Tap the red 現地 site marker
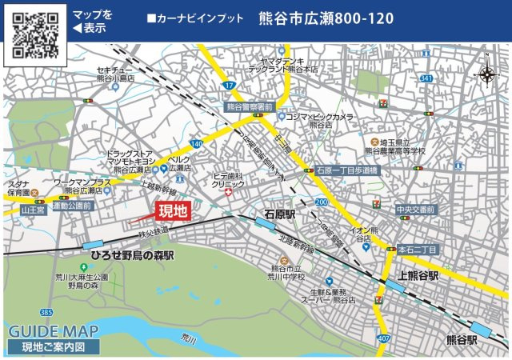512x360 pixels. [x=173, y=211]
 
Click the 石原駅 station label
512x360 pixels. [x=280, y=214]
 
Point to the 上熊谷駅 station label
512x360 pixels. [x=412, y=275]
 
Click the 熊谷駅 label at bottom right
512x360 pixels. [x=462, y=339]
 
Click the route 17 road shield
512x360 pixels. [x=230, y=85]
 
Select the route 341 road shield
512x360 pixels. [x=426, y=78]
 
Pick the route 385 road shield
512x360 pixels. [x=47, y=311]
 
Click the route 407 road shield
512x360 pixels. [x=385, y=338]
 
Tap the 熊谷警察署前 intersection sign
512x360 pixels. [x=250, y=106]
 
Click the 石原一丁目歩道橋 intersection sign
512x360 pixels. [x=346, y=170]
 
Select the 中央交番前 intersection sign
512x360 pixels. [x=416, y=210]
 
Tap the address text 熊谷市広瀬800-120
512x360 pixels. [x=326, y=18]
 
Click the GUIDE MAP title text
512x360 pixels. [x=54, y=331]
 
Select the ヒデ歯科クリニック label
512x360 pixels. [x=228, y=179]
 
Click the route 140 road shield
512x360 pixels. [x=196, y=143]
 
